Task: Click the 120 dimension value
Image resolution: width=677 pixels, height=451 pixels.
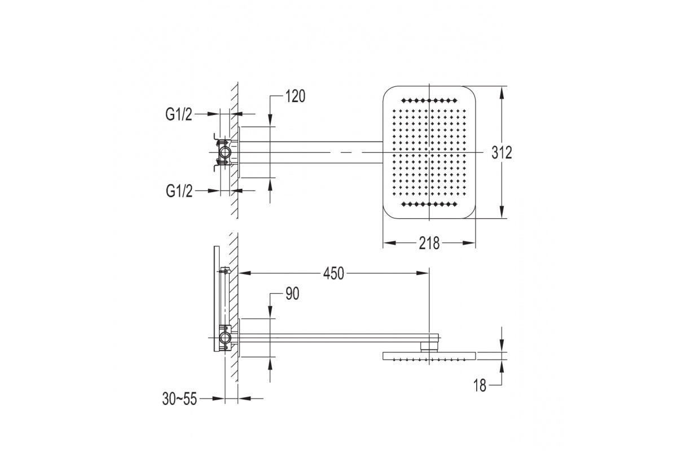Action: point(295,96)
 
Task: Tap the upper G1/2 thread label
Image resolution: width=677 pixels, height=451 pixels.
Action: point(179,114)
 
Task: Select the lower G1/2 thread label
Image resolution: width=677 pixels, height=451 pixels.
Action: point(179,191)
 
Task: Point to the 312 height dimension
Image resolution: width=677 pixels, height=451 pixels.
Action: point(502,153)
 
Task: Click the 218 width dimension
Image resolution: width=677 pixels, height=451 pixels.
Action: point(429,243)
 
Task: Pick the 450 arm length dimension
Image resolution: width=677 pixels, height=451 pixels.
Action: point(333,273)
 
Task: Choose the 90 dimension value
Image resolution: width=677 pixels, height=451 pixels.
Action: point(292,293)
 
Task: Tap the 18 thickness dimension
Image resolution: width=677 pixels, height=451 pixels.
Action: point(480,386)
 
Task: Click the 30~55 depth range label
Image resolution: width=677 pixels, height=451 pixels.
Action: point(179,399)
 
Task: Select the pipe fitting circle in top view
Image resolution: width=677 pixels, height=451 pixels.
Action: point(225,152)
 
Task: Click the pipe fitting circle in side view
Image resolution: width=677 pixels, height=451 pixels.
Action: point(225,337)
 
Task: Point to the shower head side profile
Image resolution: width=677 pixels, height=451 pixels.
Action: point(429,356)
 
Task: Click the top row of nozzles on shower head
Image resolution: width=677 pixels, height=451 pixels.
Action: point(429,100)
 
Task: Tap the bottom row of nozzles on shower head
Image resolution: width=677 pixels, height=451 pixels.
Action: point(429,205)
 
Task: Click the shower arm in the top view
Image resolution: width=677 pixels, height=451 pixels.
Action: point(311,152)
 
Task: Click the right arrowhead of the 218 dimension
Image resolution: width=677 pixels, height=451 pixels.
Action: point(469,243)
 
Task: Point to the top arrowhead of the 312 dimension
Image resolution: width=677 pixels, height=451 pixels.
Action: point(502,92)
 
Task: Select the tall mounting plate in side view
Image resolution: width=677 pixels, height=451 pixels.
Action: point(217,298)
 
